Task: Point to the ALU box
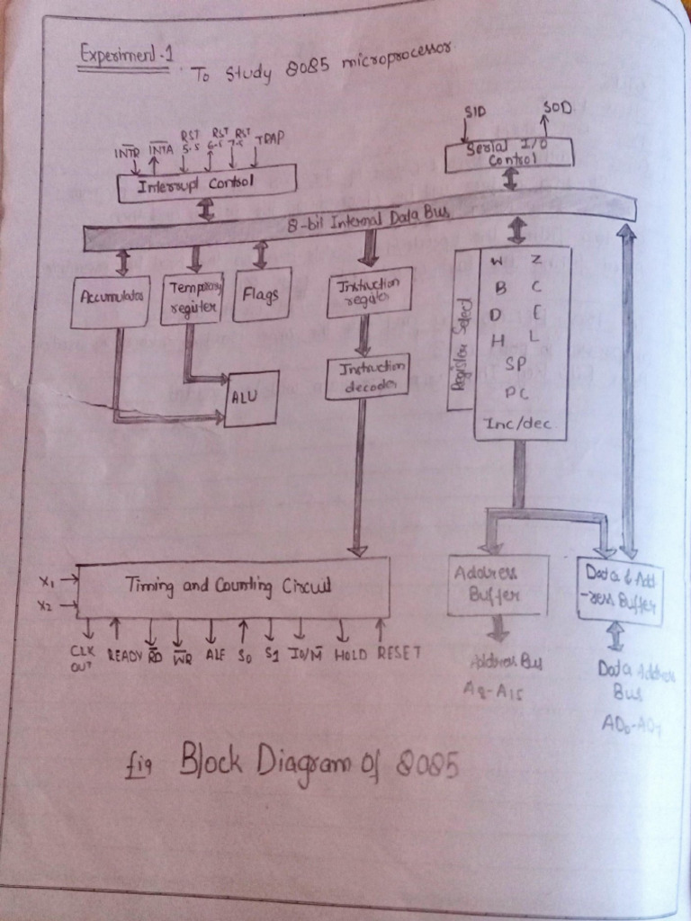[251, 398]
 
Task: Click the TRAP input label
[269, 139]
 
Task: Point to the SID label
[474, 112]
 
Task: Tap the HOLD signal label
[350, 654]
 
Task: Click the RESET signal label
[399, 652]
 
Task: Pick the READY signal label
[126, 656]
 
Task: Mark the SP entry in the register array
[515, 364]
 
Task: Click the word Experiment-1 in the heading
[125, 53]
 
